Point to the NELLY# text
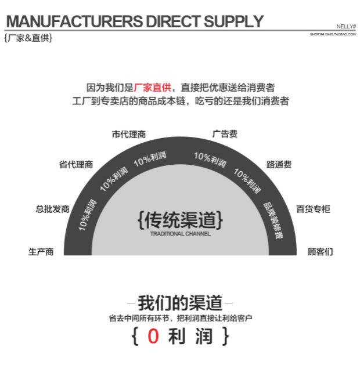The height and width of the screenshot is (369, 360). point(346,27)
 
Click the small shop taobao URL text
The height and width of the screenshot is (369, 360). point(333,35)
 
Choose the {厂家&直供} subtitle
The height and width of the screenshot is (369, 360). point(28,38)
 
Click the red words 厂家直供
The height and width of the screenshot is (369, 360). point(153,88)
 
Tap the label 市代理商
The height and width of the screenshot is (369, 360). point(128,135)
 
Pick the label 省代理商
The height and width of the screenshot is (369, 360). point(76,165)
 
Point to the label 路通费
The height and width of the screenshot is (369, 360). point(279,165)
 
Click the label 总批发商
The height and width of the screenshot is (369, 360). point(52,209)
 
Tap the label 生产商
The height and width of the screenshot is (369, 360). point(41,252)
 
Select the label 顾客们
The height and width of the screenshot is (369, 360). point(321,252)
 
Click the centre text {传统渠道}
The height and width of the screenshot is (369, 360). point(180,220)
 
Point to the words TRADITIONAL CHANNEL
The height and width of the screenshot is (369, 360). point(180,234)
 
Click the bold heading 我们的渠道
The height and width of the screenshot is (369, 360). point(180,303)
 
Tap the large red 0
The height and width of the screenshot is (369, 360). point(153,337)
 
